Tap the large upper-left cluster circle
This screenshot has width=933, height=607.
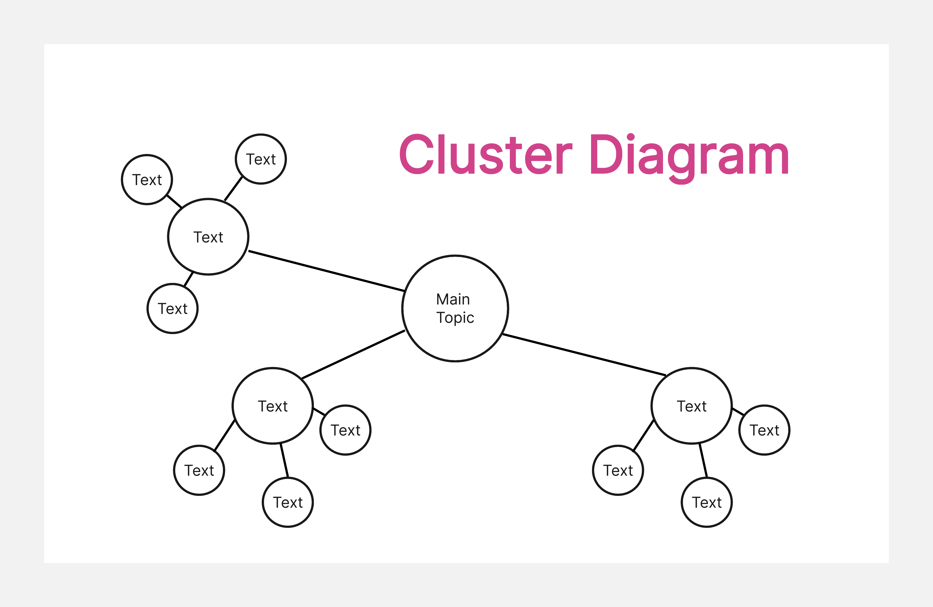(x=208, y=237)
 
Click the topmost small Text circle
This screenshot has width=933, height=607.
(x=261, y=159)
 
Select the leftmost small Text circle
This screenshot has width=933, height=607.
(x=147, y=180)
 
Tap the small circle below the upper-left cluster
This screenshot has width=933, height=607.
(x=172, y=309)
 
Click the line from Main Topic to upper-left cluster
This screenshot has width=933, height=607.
(x=326, y=271)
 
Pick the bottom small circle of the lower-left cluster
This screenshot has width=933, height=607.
(x=288, y=503)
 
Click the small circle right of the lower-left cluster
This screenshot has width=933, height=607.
(x=345, y=430)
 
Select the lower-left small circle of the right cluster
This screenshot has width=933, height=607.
(x=618, y=470)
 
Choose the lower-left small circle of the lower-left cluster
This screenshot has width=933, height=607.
(x=199, y=470)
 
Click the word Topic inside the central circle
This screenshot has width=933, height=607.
(x=455, y=318)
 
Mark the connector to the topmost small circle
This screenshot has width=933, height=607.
(x=233, y=188)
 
